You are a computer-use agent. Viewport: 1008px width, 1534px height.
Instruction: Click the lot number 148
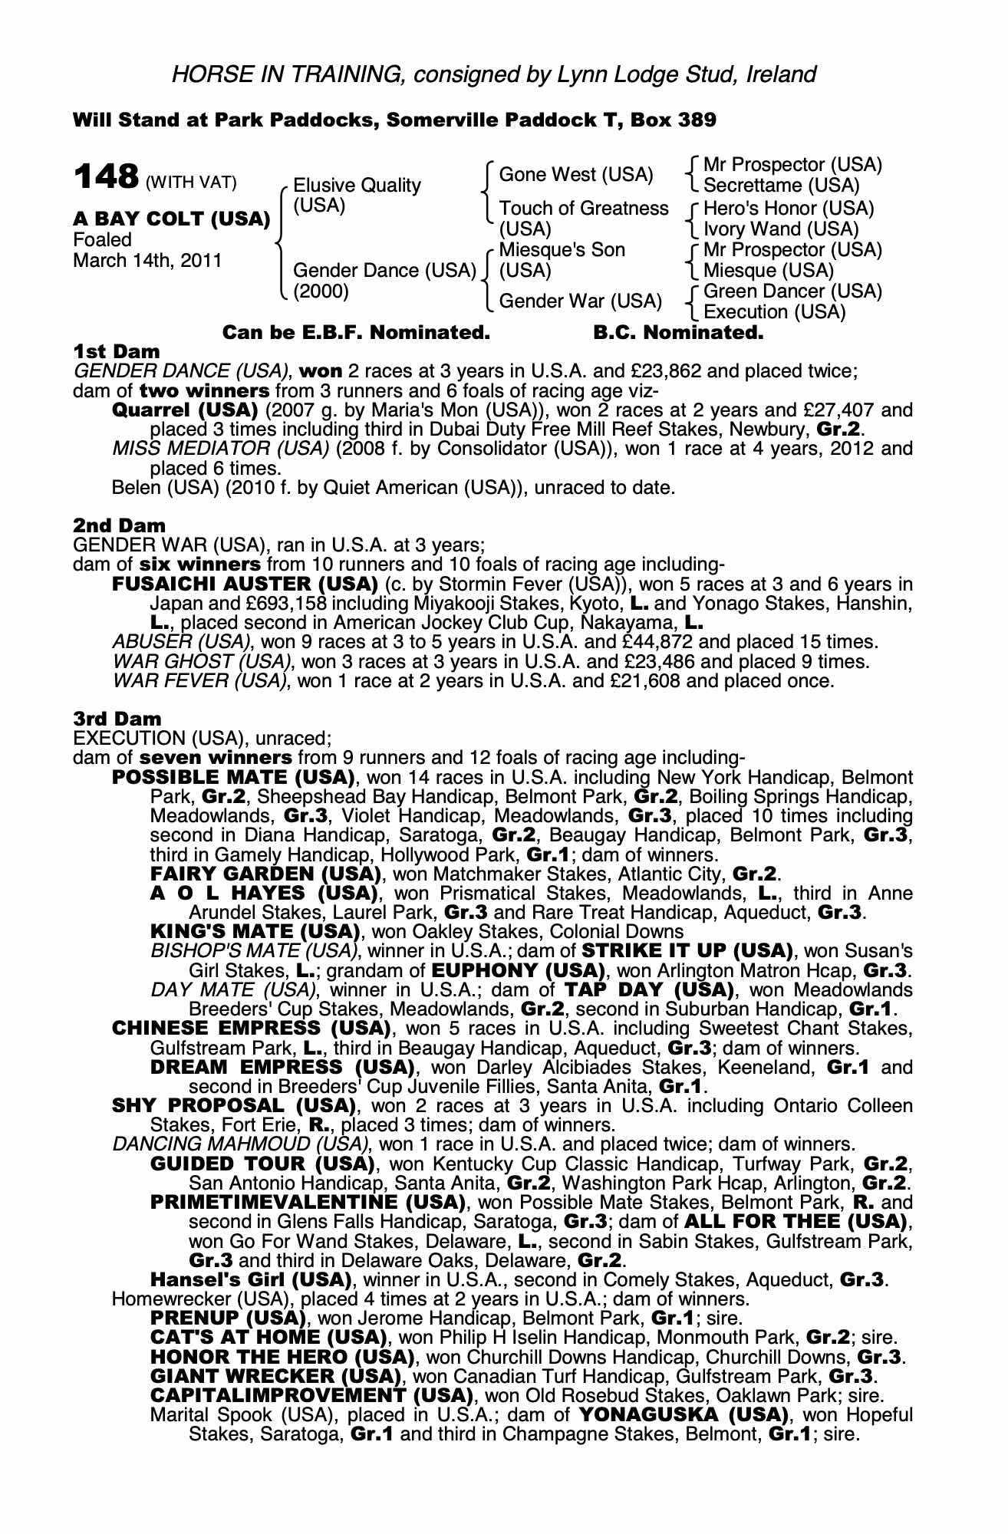pos(105,177)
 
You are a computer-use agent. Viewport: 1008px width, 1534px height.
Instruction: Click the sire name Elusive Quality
pos(357,186)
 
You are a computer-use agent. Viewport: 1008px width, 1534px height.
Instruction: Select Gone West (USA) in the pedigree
pos(576,176)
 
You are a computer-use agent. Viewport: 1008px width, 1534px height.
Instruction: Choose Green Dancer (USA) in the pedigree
pos(792,291)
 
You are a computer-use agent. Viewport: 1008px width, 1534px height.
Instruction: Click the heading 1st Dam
pos(117,352)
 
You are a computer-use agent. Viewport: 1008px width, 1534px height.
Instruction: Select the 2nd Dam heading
pos(119,525)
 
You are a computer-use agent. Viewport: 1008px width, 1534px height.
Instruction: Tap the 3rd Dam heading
pos(117,719)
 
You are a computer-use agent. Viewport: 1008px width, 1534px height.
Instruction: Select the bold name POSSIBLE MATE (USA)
pos(233,777)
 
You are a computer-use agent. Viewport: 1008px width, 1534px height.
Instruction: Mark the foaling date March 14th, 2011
pos(147,261)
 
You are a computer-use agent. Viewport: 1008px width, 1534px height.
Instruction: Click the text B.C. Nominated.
pos(678,333)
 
